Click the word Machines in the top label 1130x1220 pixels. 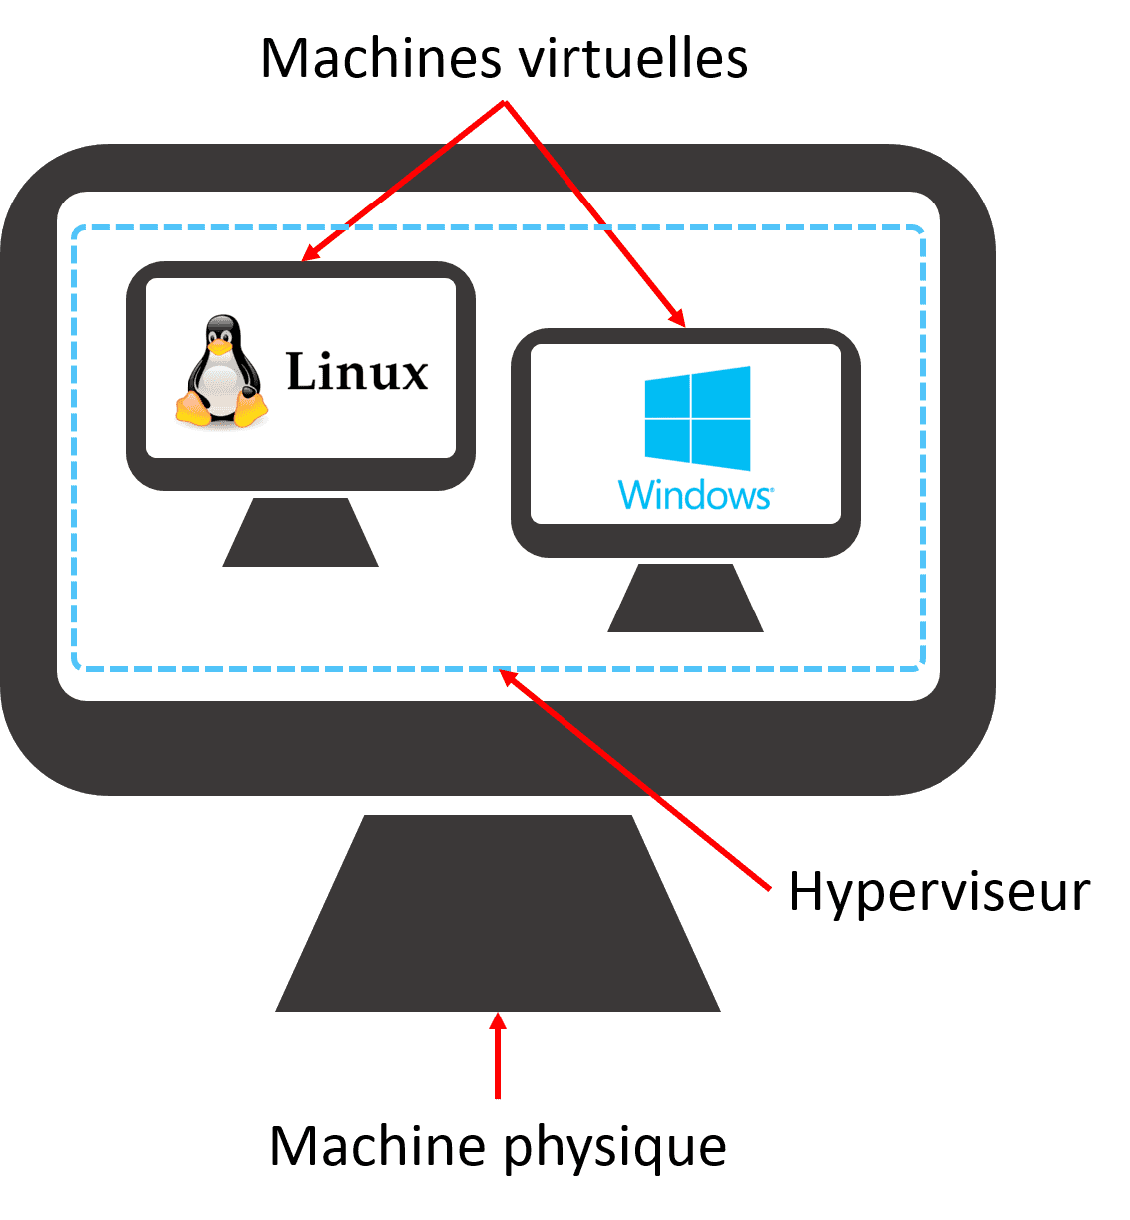[x=384, y=59]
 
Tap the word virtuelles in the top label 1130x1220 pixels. [x=631, y=59]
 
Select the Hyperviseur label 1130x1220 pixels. [x=939, y=891]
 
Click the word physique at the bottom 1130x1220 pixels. [x=615, y=1147]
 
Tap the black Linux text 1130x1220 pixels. [x=357, y=372]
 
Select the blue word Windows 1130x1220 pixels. [x=695, y=495]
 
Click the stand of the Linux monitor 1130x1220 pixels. [x=300, y=534]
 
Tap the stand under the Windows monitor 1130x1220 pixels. [x=685, y=599]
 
